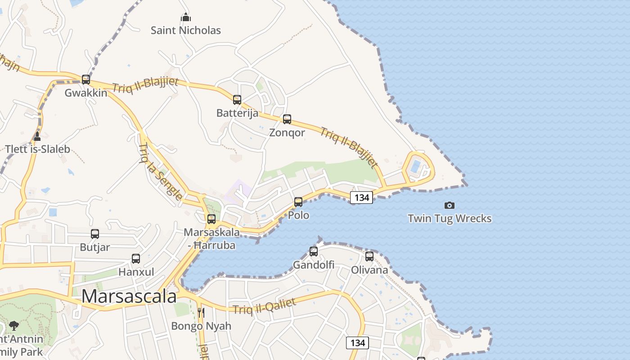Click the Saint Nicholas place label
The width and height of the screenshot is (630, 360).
[x=186, y=31]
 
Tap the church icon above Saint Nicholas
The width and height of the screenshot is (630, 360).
[x=186, y=18]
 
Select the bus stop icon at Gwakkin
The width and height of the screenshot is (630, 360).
[x=86, y=80]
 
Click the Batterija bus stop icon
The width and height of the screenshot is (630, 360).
[x=237, y=100]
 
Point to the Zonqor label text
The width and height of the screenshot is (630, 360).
[x=287, y=133]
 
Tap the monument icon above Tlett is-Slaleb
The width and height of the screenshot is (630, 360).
[x=37, y=136]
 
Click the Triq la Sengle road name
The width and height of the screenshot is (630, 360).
[x=161, y=171]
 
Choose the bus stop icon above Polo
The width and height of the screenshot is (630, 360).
[x=298, y=202]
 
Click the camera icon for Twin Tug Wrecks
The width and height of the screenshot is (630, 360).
[x=449, y=205]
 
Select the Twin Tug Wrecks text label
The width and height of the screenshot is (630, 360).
[x=449, y=219]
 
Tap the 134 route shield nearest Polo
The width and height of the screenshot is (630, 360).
[x=361, y=197]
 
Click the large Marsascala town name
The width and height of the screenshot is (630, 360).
[x=129, y=297]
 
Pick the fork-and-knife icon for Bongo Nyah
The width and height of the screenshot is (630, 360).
[x=201, y=312]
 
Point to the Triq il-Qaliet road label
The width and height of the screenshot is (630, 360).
[x=264, y=306]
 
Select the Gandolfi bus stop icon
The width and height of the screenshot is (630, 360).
[x=314, y=252]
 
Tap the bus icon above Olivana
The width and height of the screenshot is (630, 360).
[x=369, y=256]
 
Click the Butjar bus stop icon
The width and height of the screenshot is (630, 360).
[x=95, y=234]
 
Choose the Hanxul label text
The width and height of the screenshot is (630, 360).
[x=136, y=272]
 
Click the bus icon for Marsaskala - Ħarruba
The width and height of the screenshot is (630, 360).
[x=211, y=219]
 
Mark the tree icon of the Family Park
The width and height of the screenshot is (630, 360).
[x=14, y=325]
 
